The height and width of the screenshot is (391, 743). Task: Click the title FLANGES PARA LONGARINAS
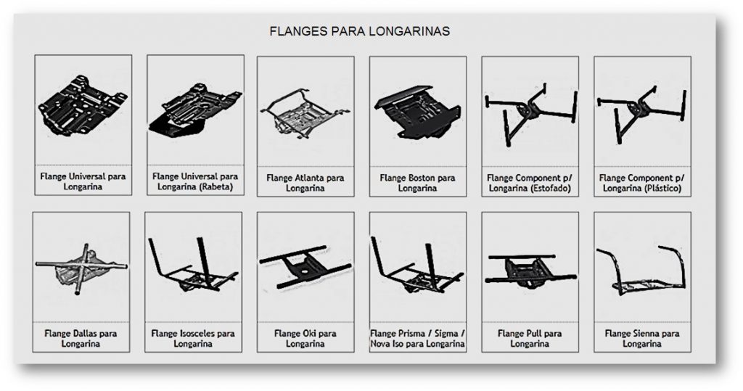coord(359,32)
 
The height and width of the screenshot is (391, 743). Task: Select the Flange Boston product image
coord(417,108)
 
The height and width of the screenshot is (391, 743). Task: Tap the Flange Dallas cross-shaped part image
coord(82,269)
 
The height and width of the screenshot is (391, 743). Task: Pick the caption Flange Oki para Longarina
coord(305,339)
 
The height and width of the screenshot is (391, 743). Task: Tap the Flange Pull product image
coord(530,268)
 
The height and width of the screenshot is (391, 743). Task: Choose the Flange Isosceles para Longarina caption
coord(193,339)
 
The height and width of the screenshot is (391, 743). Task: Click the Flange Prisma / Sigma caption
coord(417,339)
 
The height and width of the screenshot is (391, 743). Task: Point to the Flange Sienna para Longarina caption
coord(642,339)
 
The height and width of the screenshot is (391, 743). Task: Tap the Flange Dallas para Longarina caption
coord(82,339)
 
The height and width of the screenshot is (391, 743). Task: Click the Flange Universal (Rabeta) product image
coord(193,109)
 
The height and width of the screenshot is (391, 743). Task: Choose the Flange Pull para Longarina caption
coord(530,339)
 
